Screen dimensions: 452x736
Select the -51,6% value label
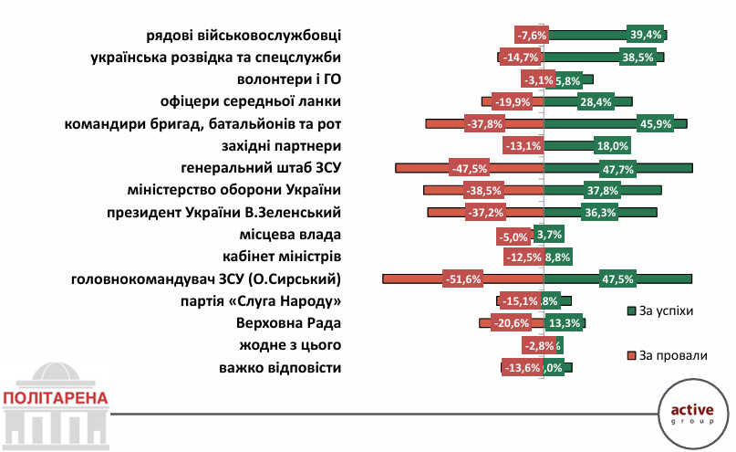462,279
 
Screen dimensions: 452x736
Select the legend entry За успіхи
667,311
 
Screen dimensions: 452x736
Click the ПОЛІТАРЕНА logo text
55,398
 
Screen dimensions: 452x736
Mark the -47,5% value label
471,168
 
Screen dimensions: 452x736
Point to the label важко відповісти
280,368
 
